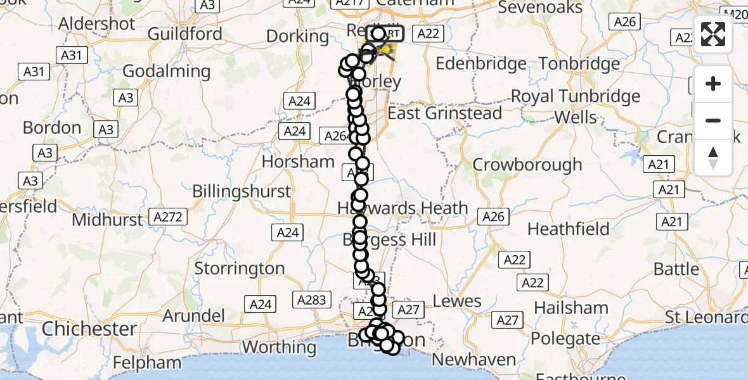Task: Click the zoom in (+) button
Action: click(713, 84)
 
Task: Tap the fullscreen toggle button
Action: click(713, 34)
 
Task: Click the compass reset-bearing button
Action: click(713, 158)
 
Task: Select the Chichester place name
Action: click(89, 329)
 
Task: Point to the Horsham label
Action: click(298, 161)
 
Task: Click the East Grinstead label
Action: click(444, 113)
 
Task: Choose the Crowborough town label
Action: click(527, 165)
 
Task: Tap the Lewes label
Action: click(458, 301)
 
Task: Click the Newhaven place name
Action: click(474, 360)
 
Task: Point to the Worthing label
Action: click(279, 347)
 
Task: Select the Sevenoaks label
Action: click(540, 8)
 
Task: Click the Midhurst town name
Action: click(108, 220)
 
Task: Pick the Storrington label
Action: click(239, 269)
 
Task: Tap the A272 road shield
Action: click(168, 217)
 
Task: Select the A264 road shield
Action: click(337, 136)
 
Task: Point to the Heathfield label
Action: click(568, 229)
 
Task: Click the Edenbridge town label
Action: click(482, 64)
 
